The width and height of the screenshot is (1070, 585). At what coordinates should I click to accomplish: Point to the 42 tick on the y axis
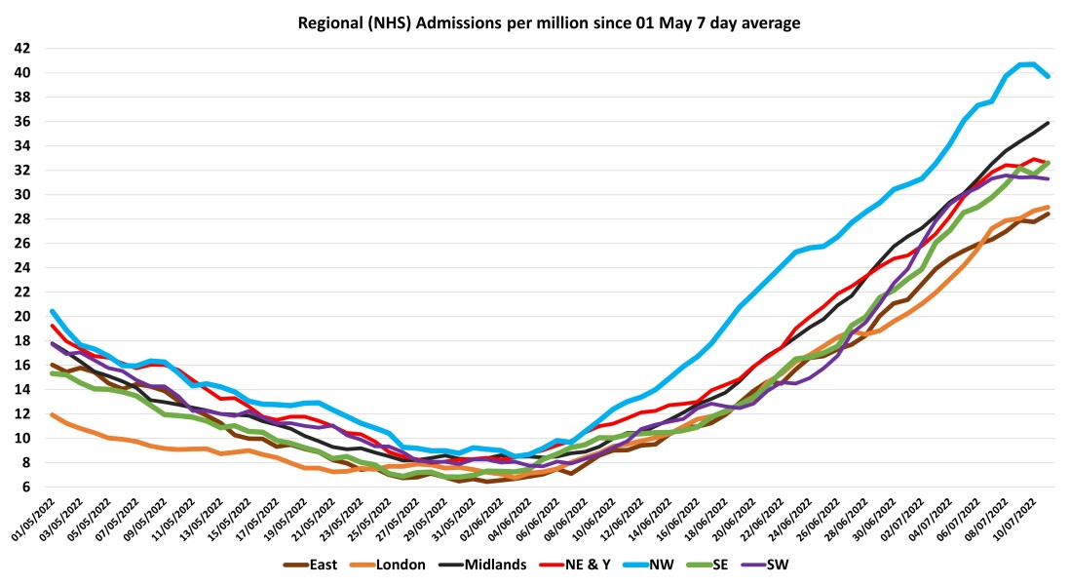pyautogui.click(x=21, y=49)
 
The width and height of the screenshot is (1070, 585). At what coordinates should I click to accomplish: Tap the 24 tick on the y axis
pyautogui.click(x=21, y=267)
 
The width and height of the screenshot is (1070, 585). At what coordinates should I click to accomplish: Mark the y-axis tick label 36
pyautogui.click(x=21, y=122)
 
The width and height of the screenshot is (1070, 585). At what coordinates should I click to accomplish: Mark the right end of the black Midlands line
pyautogui.click(x=1049, y=123)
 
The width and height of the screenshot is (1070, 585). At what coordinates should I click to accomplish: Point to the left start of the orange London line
pyautogui.click(x=51, y=414)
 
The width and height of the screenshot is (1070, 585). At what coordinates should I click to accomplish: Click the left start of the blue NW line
pyautogui.click(x=51, y=311)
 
